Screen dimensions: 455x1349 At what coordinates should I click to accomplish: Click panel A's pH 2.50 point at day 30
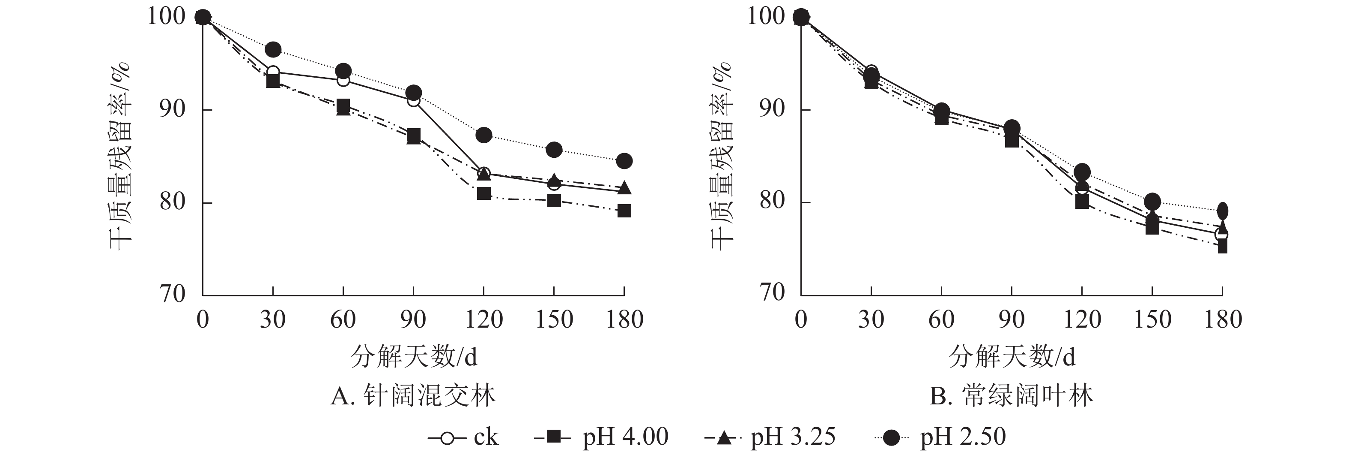(273, 50)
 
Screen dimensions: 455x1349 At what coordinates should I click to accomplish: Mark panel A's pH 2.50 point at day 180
(624, 161)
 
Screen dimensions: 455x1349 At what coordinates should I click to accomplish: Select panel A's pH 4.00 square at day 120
(483, 193)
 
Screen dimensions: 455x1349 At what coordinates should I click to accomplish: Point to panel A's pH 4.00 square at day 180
(624, 211)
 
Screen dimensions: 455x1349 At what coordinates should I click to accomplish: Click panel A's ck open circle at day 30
(273, 72)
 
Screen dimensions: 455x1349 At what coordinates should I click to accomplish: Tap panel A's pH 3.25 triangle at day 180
(624, 187)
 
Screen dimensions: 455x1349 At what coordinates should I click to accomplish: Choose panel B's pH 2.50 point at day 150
(1152, 201)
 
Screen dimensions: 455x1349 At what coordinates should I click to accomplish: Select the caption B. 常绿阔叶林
(1011, 396)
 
